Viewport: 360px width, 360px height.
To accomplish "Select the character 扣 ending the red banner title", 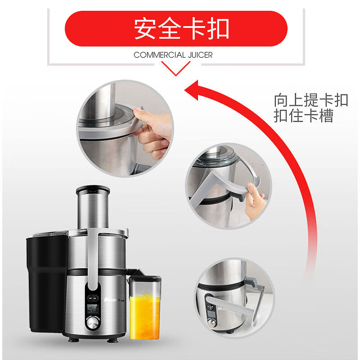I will [x=218, y=28].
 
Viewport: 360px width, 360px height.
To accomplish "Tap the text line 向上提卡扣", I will [x=311, y=100].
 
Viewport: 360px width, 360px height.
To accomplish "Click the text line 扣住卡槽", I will [x=304, y=116].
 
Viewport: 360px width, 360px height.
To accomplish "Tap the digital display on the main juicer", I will [x=93, y=310].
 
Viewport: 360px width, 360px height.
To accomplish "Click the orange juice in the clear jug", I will [x=145, y=315].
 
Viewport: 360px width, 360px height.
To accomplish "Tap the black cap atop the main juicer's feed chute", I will [x=92, y=189].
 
